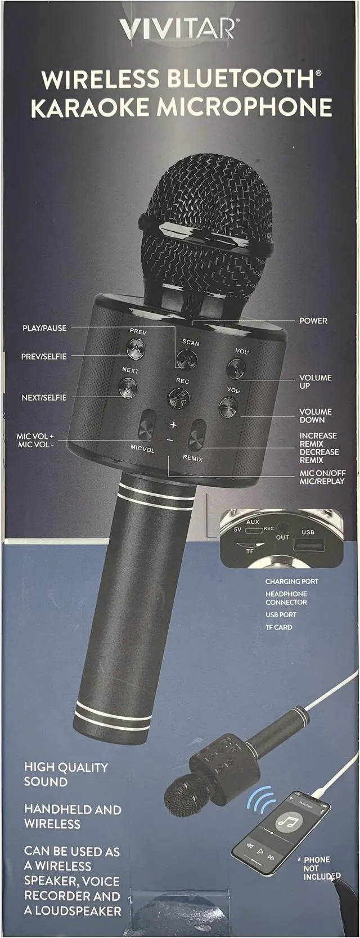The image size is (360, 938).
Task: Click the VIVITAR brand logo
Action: click(x=179, y=28)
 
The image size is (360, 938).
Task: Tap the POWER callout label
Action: click(x=313, y=321)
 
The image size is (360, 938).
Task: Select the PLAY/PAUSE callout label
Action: click(x=44, y=328)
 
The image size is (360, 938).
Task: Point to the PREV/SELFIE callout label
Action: click(x=44, y=356)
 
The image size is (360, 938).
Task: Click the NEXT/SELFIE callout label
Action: click(x=44, y=397)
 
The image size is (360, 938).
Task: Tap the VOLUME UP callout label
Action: click(x=315, y=382)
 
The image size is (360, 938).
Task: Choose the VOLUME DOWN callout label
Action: click(x=315, y=416)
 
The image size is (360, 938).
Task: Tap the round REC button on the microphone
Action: click(x=179, y=398)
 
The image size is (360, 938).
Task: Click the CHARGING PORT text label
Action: click(x=291, y=582)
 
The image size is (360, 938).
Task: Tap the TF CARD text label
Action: click(x=278, y=627)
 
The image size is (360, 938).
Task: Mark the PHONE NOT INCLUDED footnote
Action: click(x=321, y=868)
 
